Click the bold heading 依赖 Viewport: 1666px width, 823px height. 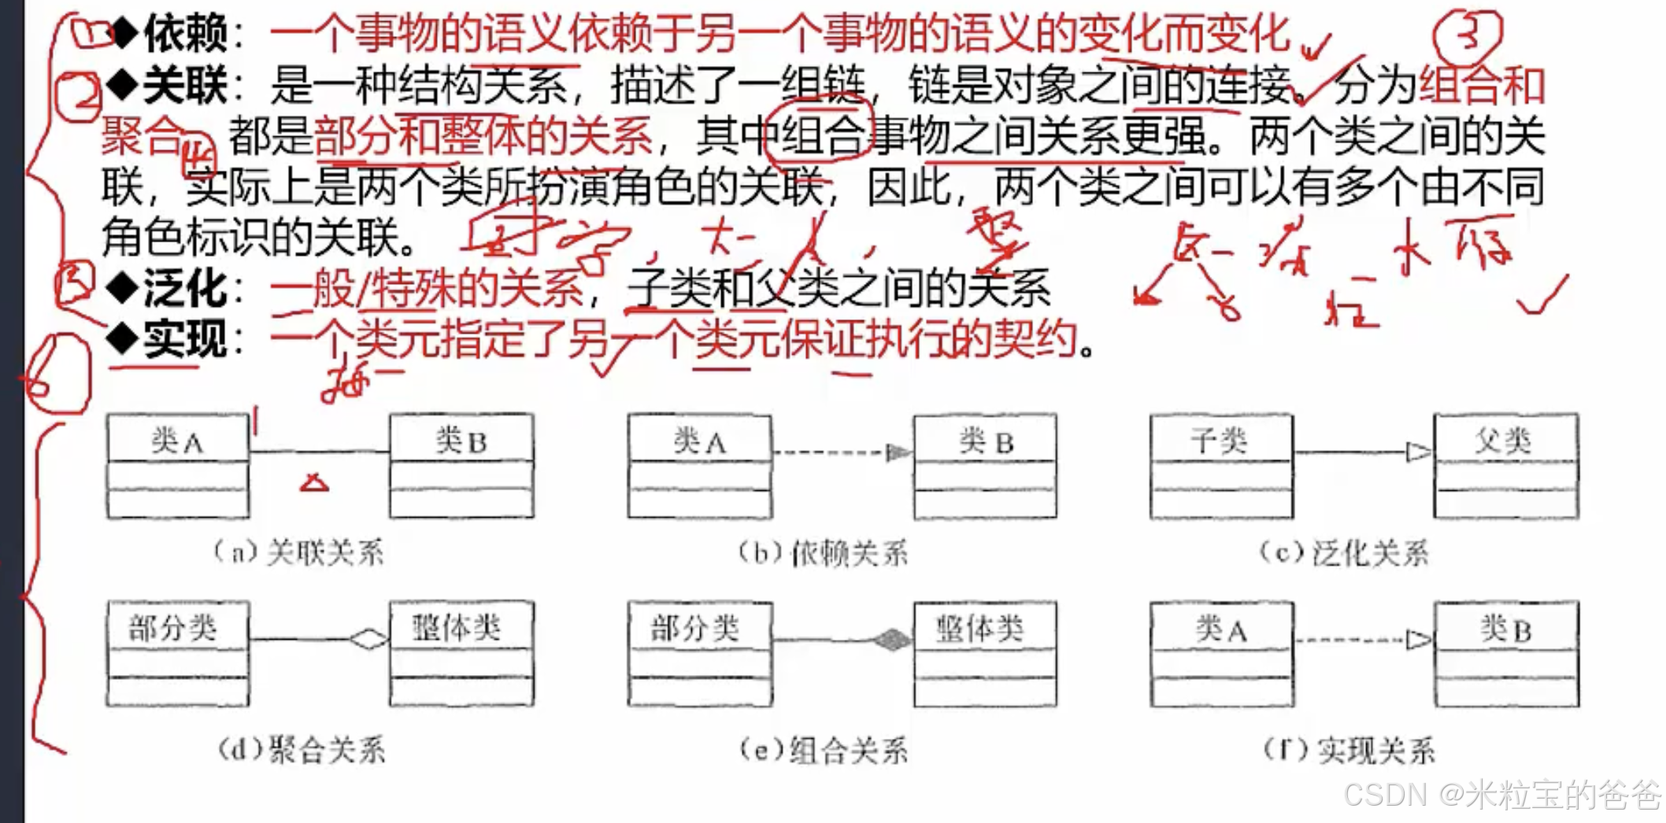[x=186, y=33]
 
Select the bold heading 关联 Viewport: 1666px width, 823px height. [x=186, y=85]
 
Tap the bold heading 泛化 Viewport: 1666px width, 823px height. [x=186, y=289]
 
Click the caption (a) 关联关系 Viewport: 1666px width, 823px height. [x=299, y=552]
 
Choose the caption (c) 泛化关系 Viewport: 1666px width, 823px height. [x=1345, y=553]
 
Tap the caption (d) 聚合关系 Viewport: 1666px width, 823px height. [x=302, y=749]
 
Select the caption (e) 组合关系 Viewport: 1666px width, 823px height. [x=824, y=750]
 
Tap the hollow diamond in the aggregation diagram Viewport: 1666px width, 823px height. [x=368, y=639]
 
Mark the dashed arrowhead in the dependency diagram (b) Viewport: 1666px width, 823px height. [x=898, y=452]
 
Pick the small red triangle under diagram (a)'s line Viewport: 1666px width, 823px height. [x=314, y=483]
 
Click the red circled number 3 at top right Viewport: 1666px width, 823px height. [x=1468, y=35]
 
